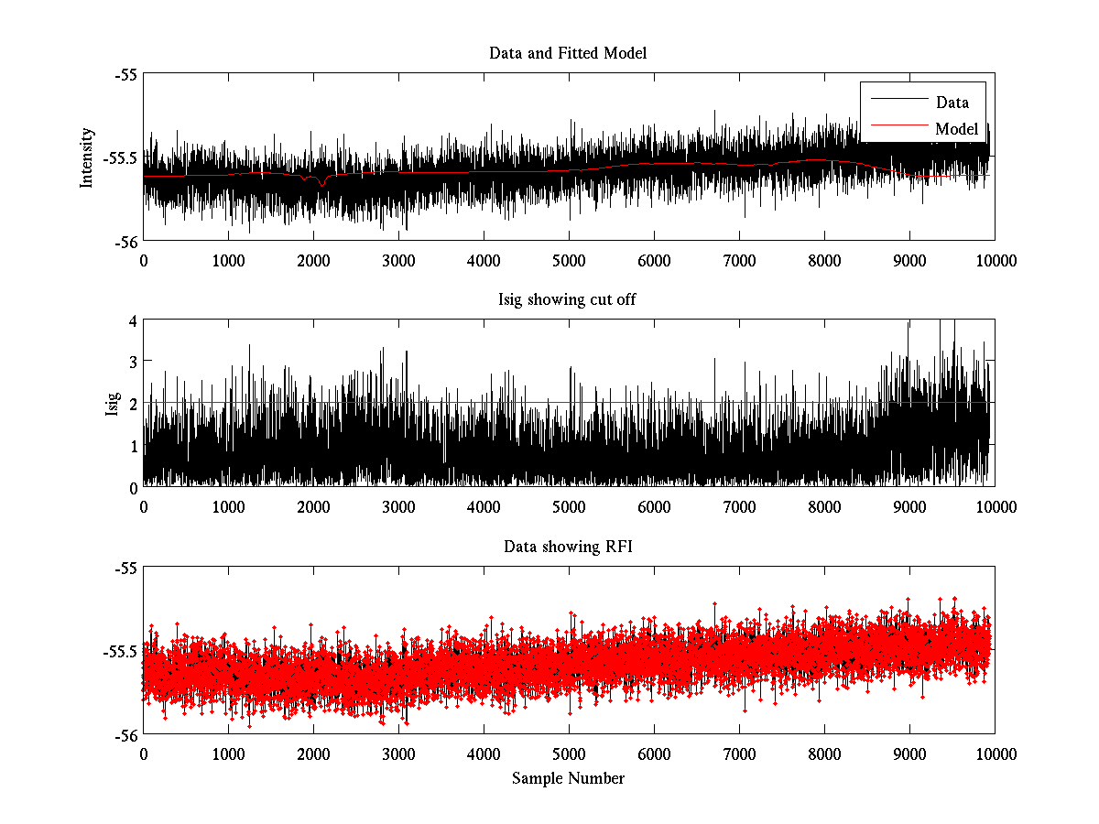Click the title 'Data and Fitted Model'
(x=568, y=53)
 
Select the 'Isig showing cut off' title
(x=568, y=299)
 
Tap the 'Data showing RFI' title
(x=568, y=547)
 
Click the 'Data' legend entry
(x=952, y=103)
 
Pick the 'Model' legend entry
(x=956, y=129)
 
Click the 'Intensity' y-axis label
(x=87, y=157)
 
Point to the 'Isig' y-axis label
(x=113, y=404)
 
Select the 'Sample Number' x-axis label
(x=568, y=778)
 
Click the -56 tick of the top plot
(x=126, y=242)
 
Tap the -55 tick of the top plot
(x=126, y=74)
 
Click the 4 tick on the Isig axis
(x=133, y=320)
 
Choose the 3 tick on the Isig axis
(x=133, y=362)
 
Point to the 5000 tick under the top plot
(x=569, y=260)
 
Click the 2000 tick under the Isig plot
(x=313, y=506)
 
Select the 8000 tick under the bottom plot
(x=824, y=754)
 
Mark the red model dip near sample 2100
(x=321, y=183)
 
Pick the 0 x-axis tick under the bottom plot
(x=144, y=754)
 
